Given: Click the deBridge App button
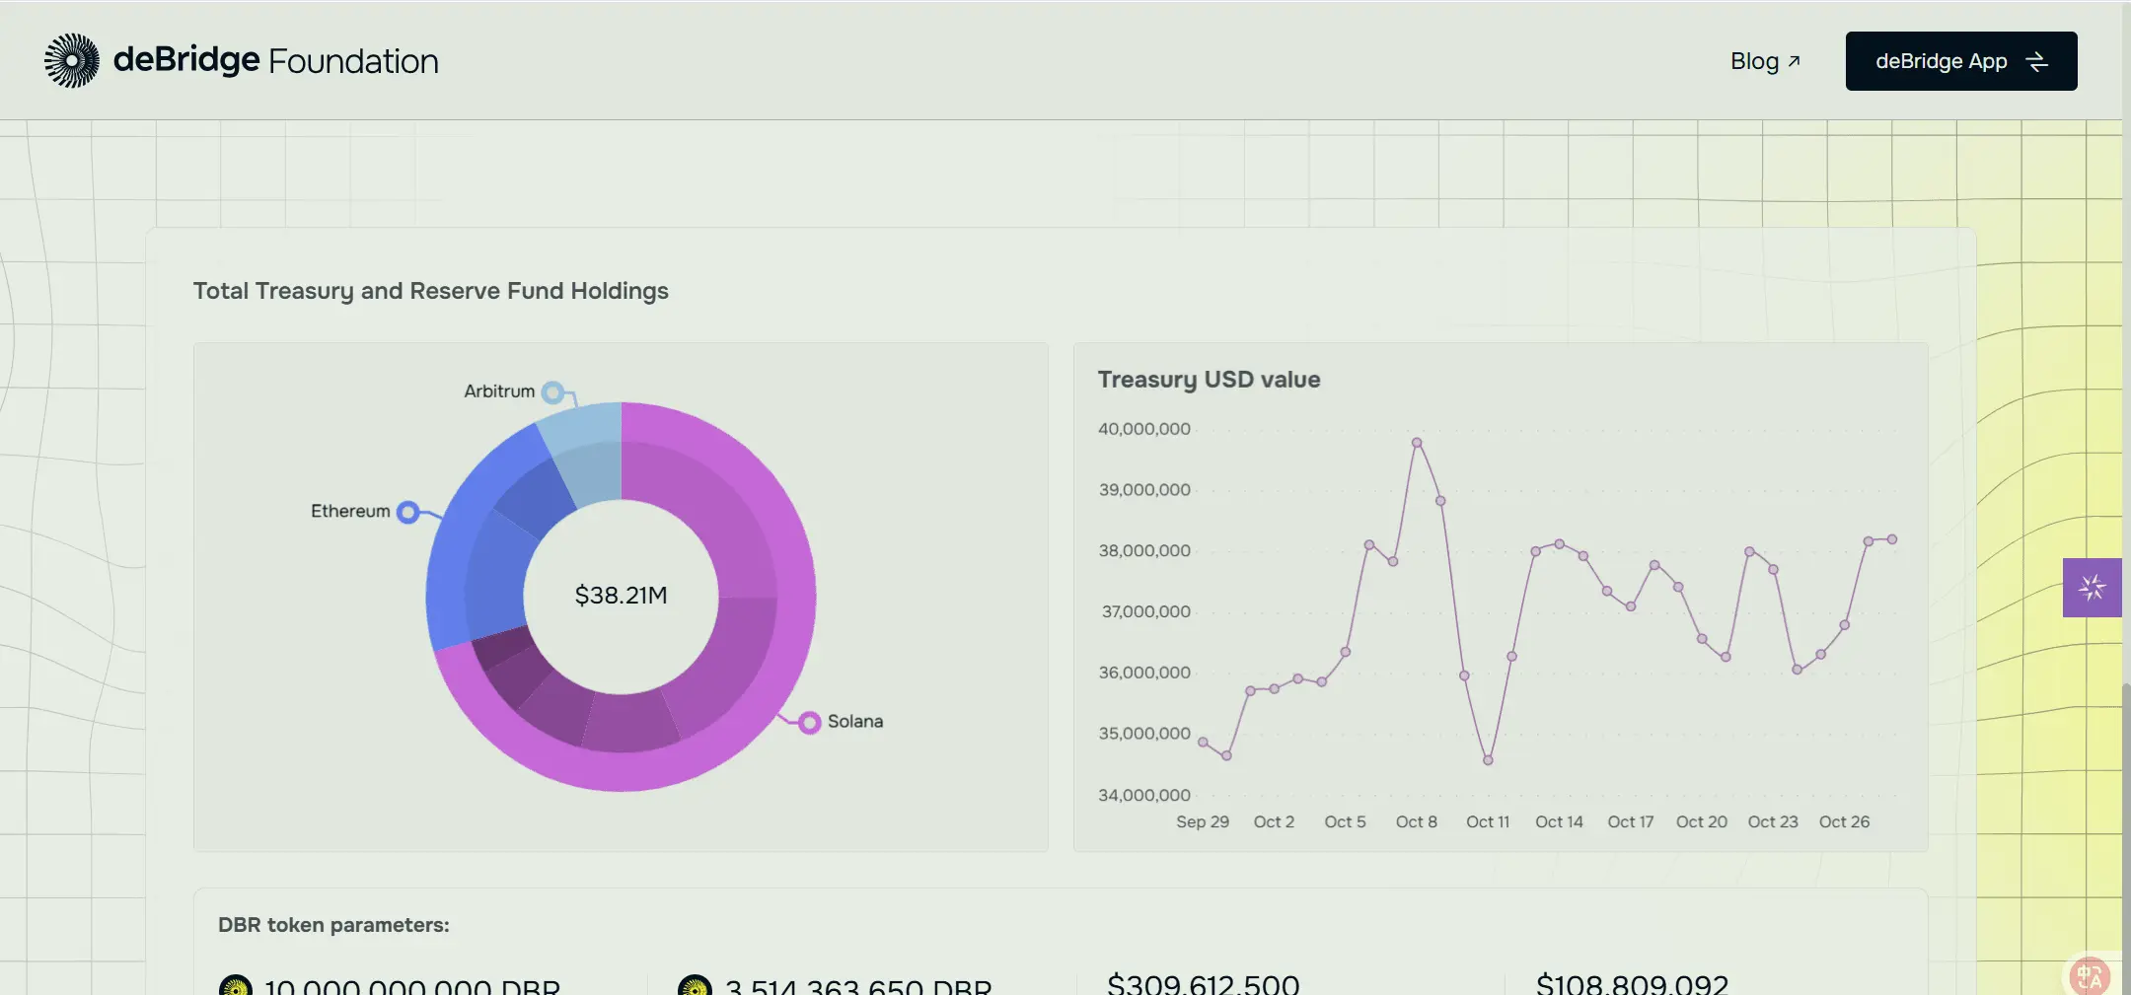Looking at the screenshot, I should pos(1960,61).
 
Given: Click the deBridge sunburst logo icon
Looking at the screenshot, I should pos(72,61).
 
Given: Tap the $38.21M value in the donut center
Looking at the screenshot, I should pos(621,596).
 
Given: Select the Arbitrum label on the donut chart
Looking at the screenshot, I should pos(499,391).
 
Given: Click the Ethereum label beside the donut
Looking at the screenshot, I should pos(350,511).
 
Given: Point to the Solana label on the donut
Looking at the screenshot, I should pos(854,721).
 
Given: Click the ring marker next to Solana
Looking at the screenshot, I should pos(809,723).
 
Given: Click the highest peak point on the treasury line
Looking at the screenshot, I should pos(1417,443).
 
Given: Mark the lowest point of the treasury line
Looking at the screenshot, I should pos(1488,760).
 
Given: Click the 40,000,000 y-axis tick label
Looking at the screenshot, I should pos(1144,429).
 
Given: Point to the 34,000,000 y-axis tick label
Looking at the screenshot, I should pos(1144,795).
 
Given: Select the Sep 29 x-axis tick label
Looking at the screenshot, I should pos(1202,821).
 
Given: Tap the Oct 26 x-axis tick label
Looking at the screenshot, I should pos(1844,821).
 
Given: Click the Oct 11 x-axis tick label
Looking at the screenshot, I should pos(1488,821).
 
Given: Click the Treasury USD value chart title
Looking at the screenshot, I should pos(1209,380).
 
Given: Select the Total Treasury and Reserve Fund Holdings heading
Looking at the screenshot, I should pos(430,291).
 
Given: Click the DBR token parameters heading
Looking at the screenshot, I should pos(333,925).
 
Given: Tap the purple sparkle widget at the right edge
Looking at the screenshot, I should pos(2092,588).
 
